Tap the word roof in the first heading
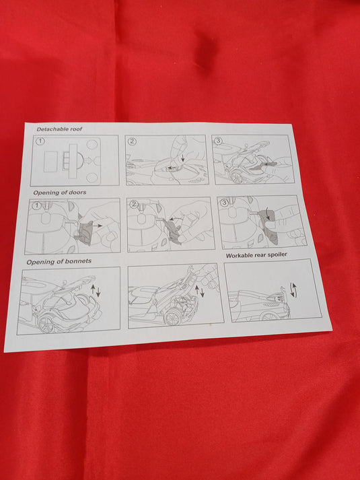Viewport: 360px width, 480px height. [x=77, y=129]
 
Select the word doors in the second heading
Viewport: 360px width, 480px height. [x=77, y=193]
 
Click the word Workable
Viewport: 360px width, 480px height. [x=239, y=255]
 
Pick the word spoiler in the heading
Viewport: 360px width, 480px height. [x=277, y=254]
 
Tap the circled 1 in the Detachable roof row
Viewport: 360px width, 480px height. [x=40, y=141]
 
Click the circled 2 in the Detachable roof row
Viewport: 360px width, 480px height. [x=132, y=141]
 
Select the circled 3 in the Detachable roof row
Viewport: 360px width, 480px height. [x=218, y=141]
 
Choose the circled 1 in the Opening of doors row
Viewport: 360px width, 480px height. [x=37, y=205]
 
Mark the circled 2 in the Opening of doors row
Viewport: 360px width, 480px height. [x=134, y=204]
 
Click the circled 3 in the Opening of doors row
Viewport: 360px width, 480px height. [x=225, y=203]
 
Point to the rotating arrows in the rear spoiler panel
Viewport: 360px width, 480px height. [x=293, y=289]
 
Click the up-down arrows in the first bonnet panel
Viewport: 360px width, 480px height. [x=96, y=291]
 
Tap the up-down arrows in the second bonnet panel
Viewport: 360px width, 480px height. [x=199, y=292]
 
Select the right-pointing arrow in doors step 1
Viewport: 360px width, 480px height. [x=98, y=226]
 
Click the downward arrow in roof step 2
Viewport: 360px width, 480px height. [x=183, y=158]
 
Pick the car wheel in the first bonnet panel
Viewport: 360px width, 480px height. [x=46, y=324]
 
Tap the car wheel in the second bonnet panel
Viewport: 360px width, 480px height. [x=172, y=319]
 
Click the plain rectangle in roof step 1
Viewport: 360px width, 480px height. [x=50, y=161]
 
